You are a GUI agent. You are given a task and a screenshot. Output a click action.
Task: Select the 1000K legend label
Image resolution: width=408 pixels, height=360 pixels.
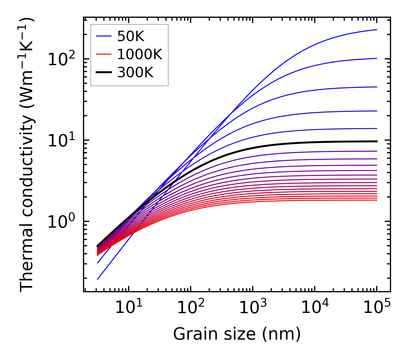pyautogui.click(x=140, y=54)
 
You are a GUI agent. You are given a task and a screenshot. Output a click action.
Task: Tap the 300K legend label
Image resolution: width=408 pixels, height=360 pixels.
pyautogui.click(x=135, y=73)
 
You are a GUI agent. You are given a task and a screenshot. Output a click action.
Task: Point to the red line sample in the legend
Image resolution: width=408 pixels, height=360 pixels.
pyautogui.click(x=103, y=54)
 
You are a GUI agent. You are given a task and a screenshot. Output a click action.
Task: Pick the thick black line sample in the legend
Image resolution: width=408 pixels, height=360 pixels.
pyautogui.click(x=103, y=73)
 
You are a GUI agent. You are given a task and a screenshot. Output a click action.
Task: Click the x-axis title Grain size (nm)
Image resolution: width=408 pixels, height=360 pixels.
pyautogui.click(x=237, y=334)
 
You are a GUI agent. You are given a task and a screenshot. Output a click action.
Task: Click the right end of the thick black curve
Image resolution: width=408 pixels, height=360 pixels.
pyautogui.click(x=376, y=141)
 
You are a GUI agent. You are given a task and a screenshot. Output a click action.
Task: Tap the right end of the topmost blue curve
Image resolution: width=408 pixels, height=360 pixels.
pyautogui.click(x=376, y=30)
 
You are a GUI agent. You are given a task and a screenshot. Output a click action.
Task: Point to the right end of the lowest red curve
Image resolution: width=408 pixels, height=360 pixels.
pyautogui.click(x=376, y=200)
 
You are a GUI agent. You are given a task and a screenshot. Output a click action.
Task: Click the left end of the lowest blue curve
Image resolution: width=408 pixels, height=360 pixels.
pyautogui.click(x=98, y=279)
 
